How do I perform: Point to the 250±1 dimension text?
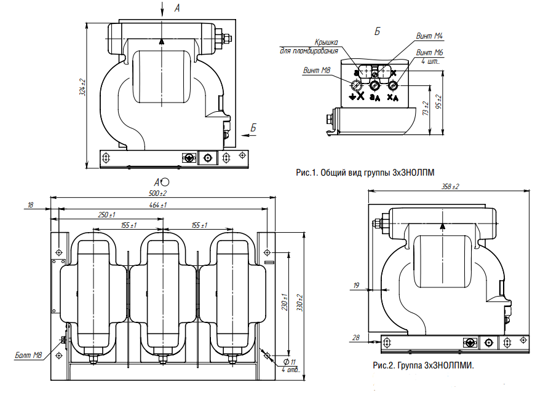tap(106, 215)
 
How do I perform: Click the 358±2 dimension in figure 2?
tap(451, 186)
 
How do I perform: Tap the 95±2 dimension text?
tap(438, 103)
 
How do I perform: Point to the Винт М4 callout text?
tap(430, 36)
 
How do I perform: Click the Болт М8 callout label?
tap(29, 355)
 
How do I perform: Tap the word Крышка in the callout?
tap(327, 42)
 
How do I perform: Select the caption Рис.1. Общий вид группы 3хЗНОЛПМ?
tap(370, 173)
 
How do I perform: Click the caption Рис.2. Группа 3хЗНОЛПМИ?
tap(423, 366)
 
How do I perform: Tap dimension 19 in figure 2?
tap(356, 285)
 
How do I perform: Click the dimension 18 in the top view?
tap(31, 205)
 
